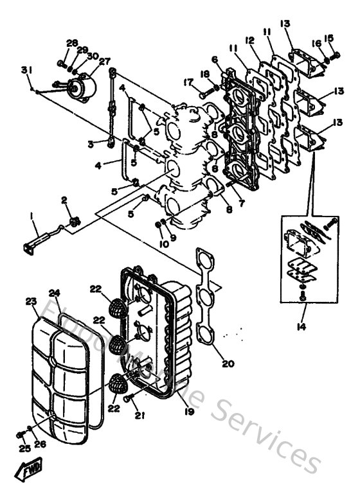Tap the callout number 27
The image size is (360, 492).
pos(104,61)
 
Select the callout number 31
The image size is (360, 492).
pos(26,70)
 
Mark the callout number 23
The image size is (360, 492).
pos(31,301)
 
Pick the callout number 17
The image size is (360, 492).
pos(188,82)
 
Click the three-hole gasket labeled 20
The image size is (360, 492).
pos(207,295)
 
